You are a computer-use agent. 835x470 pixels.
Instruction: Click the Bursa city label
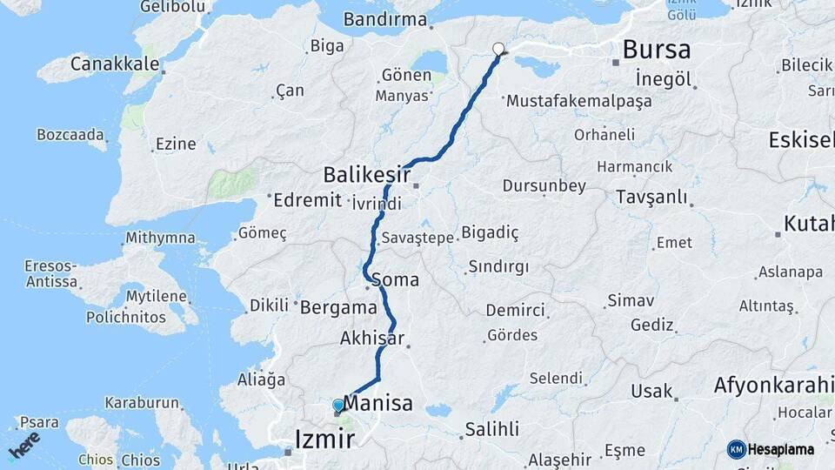657,49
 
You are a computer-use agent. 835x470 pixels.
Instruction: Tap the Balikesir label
366,175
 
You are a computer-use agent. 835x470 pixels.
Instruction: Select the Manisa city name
377,402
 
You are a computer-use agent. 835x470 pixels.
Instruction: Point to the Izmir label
325,438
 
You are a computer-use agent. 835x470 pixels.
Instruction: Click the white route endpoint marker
498,50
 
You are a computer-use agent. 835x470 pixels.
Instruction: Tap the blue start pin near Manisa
338,406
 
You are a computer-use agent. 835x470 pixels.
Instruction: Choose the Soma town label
395,280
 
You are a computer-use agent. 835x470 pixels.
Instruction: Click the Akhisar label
372,338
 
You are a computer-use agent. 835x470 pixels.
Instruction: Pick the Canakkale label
115,64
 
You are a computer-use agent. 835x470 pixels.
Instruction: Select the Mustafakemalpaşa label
578,101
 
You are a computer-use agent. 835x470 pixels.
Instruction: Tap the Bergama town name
338,307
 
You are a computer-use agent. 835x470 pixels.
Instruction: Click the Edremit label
307,200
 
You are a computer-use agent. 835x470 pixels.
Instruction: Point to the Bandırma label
385,19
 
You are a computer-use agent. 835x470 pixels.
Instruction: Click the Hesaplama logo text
780,449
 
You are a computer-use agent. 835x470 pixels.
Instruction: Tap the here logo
24,445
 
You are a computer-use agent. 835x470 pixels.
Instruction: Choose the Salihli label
491,429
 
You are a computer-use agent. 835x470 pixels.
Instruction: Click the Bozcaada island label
70,135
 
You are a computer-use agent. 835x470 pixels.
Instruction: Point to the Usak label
651,391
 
